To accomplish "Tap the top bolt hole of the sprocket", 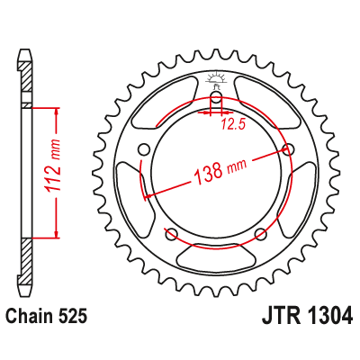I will coord(216,98).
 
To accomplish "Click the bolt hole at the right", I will coord(288,149).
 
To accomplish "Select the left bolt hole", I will coord(144,149).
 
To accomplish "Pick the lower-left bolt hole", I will coord(172,234).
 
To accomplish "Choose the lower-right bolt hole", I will coord(260,234).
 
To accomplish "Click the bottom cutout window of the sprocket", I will coord(216,258).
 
